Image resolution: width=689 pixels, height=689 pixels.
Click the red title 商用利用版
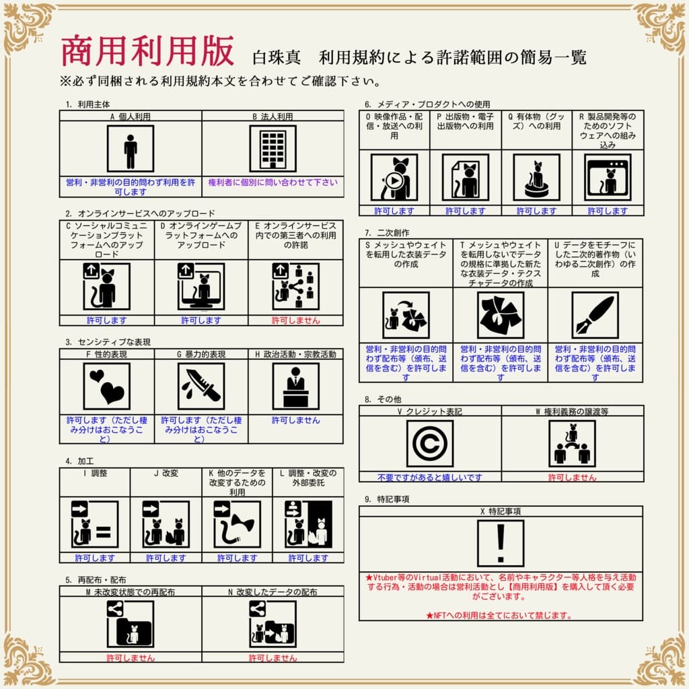147,51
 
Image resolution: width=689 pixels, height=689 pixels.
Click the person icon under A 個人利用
131,149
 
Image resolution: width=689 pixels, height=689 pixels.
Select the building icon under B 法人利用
273,149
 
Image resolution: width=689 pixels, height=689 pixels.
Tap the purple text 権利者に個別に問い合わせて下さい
273,182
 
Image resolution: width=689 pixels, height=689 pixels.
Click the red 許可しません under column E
295,320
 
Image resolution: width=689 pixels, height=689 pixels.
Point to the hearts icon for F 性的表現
106,386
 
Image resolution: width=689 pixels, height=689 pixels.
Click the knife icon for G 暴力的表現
201,386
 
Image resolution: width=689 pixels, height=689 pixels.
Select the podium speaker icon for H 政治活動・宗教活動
295,386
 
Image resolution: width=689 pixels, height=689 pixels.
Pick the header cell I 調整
95,473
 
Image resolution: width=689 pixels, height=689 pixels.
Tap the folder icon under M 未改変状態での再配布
131,624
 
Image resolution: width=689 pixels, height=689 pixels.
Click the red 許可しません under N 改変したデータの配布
273,658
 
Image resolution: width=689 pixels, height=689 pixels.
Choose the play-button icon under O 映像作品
394,178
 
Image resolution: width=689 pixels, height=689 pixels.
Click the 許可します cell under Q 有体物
536,211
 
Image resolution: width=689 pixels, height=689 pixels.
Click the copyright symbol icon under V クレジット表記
429,444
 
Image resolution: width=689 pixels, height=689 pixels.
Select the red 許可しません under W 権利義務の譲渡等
572,478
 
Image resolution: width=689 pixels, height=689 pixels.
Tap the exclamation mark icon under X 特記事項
500,544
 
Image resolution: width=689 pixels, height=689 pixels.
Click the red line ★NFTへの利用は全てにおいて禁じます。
500,615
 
